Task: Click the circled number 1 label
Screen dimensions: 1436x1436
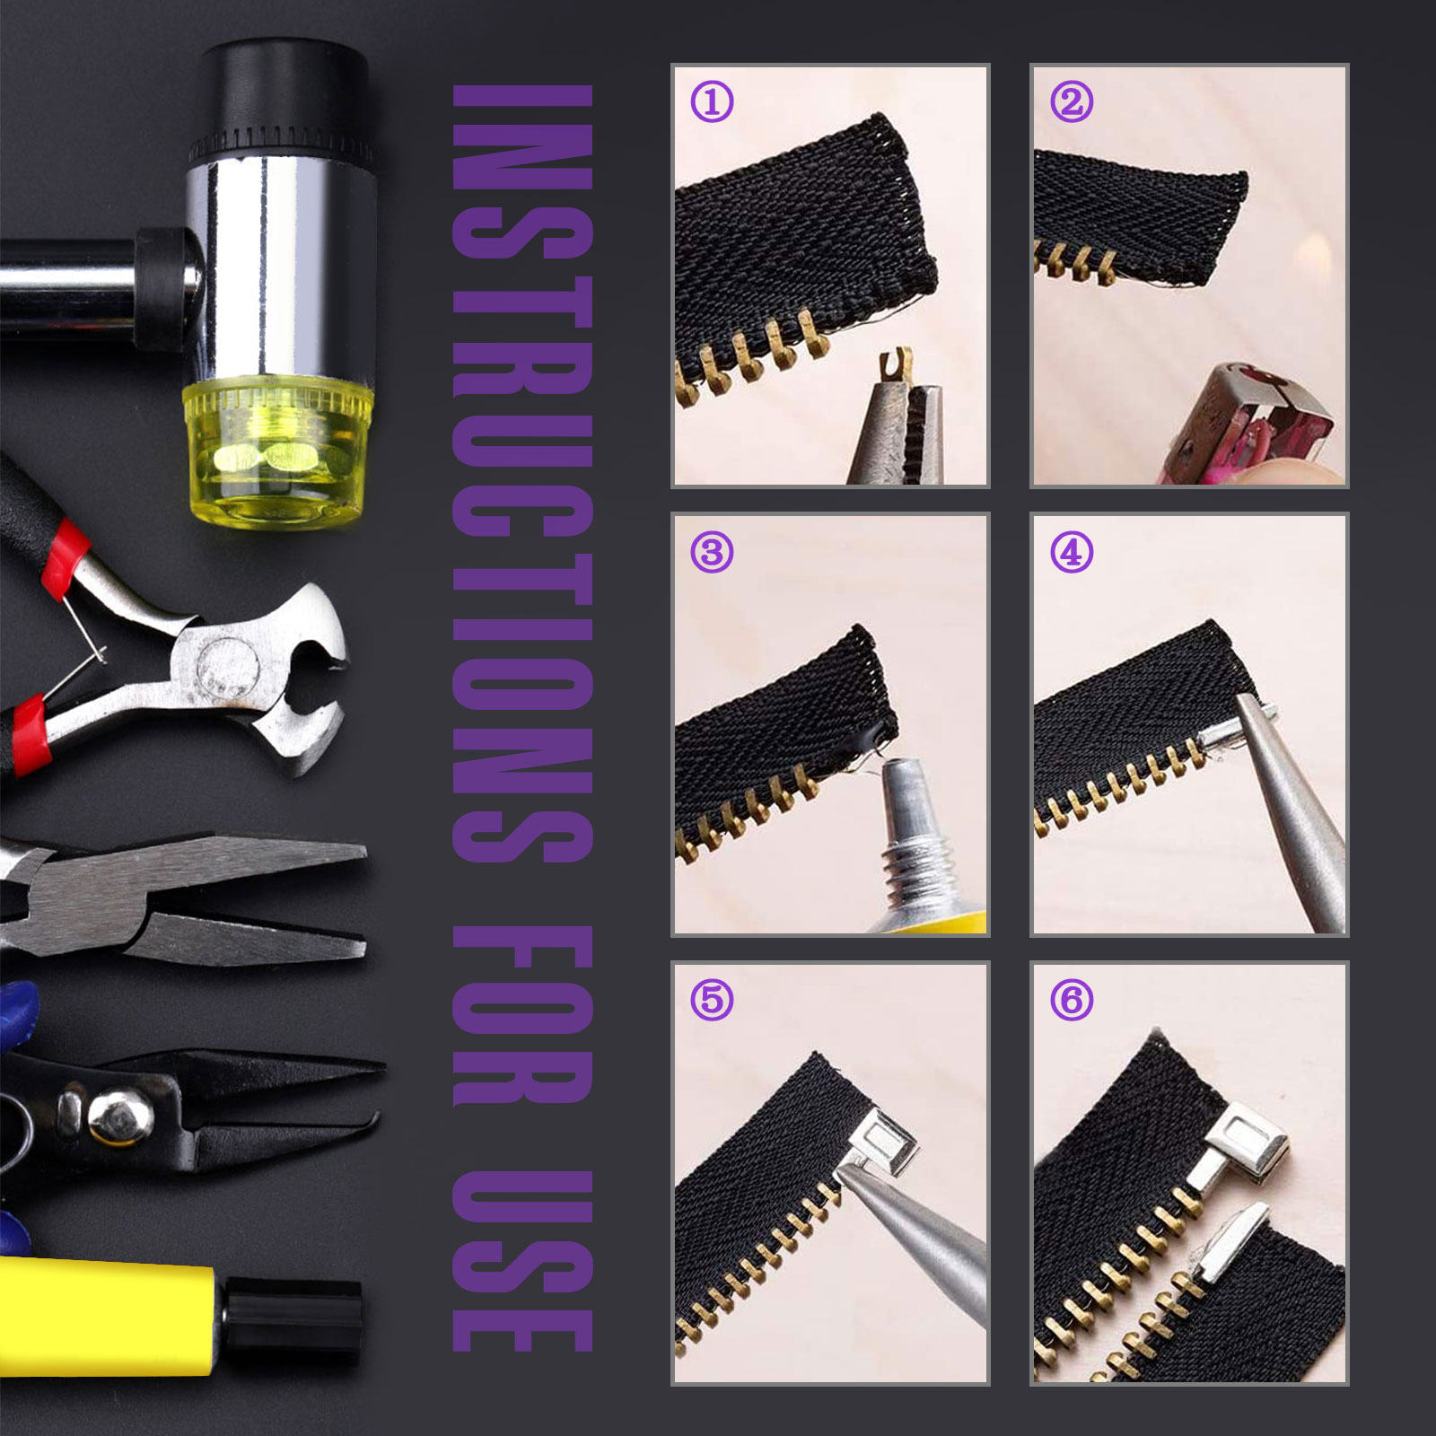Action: (712, 102)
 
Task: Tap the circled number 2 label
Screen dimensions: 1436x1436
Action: (1072, 102)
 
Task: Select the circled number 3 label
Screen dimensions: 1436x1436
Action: (712, 552)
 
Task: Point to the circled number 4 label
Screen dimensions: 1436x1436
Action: (1072, 552)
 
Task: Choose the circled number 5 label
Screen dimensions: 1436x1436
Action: (712, 999)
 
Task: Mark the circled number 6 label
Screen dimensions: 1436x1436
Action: (1072, 999)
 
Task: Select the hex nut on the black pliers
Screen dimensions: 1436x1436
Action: (115, 1116)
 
